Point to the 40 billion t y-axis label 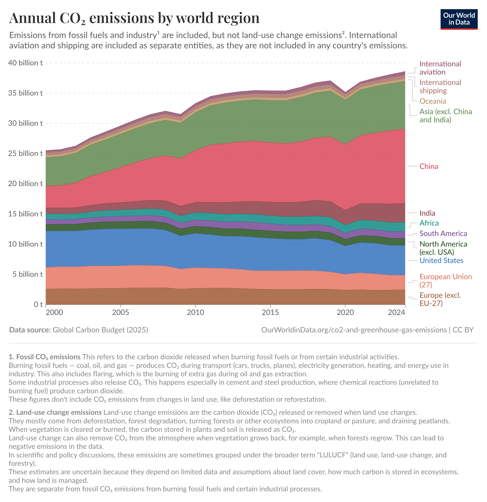tap(25, 63)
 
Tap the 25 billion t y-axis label tap(25, 153)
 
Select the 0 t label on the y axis tap(38, 304)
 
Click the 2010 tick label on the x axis tap(195, 312)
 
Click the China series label tap(428, 166)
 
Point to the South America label tap(443, 234)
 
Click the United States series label tap(441, 260)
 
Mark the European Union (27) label tap(445, 281)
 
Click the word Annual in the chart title tap(32, 18)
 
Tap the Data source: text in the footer tap(30, 330)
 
